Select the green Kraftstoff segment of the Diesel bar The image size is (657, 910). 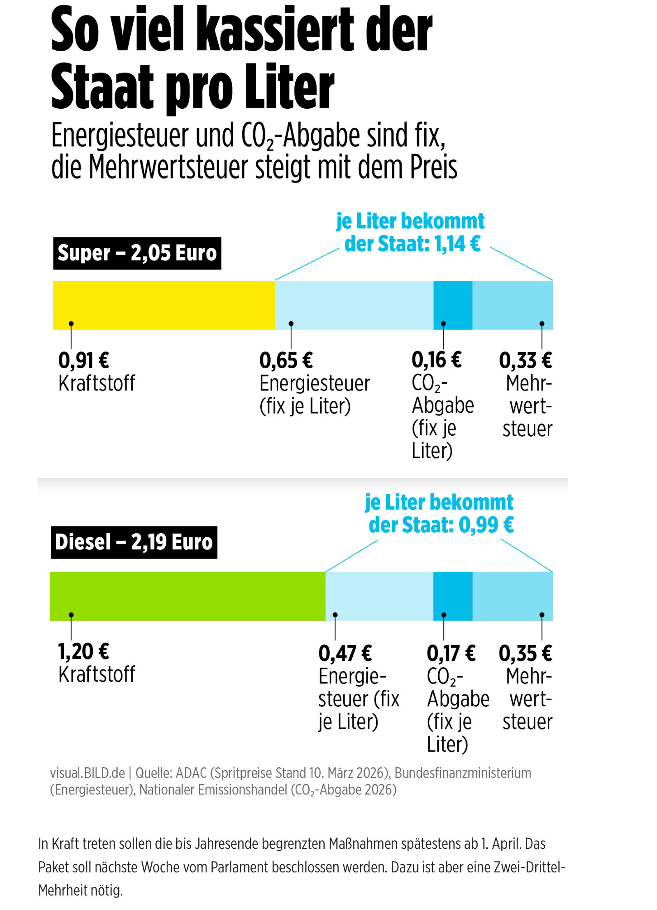(x=187, y=596)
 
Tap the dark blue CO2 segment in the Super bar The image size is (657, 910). (x=453, y=305)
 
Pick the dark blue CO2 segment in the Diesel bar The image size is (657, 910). (x=453, y=596)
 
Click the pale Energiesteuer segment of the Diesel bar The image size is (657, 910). (x=379, y=596)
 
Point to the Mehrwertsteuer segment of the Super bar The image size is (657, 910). (x=513, y=305)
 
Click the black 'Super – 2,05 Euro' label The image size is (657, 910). (x=137, y=253)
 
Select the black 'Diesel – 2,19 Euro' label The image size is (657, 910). (x=134, y=542)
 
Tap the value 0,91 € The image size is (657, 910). (x=84, y=361)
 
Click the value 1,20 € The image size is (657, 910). (x=84, y=652)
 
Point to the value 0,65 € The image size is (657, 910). (x=286, y=361)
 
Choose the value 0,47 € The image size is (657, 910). (x=345, y=653)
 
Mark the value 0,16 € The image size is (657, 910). (x=436, y=360)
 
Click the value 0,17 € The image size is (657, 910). (x=451, y=653)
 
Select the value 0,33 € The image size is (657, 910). (x=526, y=361)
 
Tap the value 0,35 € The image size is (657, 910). (x=525, y=653)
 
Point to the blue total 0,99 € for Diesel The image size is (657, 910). (x=486, y=525)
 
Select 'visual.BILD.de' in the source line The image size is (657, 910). (x=87, y=773)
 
